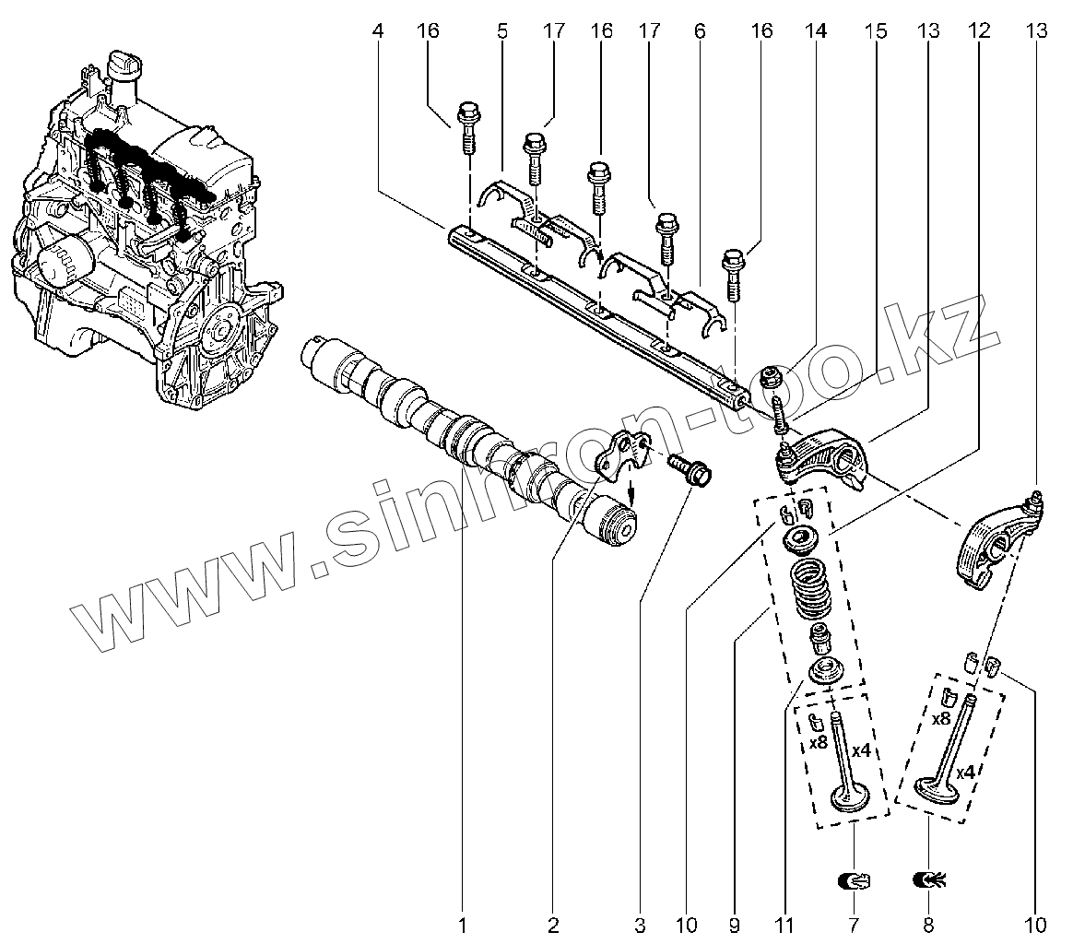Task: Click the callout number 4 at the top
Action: click(x=378, y=31)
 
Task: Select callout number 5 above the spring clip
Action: click(x=502, y=31)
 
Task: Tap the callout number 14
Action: click(x=814, y=31)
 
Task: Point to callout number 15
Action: click(x=876, y=31)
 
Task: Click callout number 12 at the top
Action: click(x=980, y=31)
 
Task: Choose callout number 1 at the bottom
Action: click(x=464, y=923)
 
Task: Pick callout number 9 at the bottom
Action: click(x=735, y=923)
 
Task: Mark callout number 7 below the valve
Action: click(x=853, y=923)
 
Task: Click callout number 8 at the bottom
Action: click(x=929, y=923)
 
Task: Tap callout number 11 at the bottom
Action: click(x=784, y=923)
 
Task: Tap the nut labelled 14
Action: click(x=774, y=376)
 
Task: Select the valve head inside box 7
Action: click(x=851, y=795)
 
